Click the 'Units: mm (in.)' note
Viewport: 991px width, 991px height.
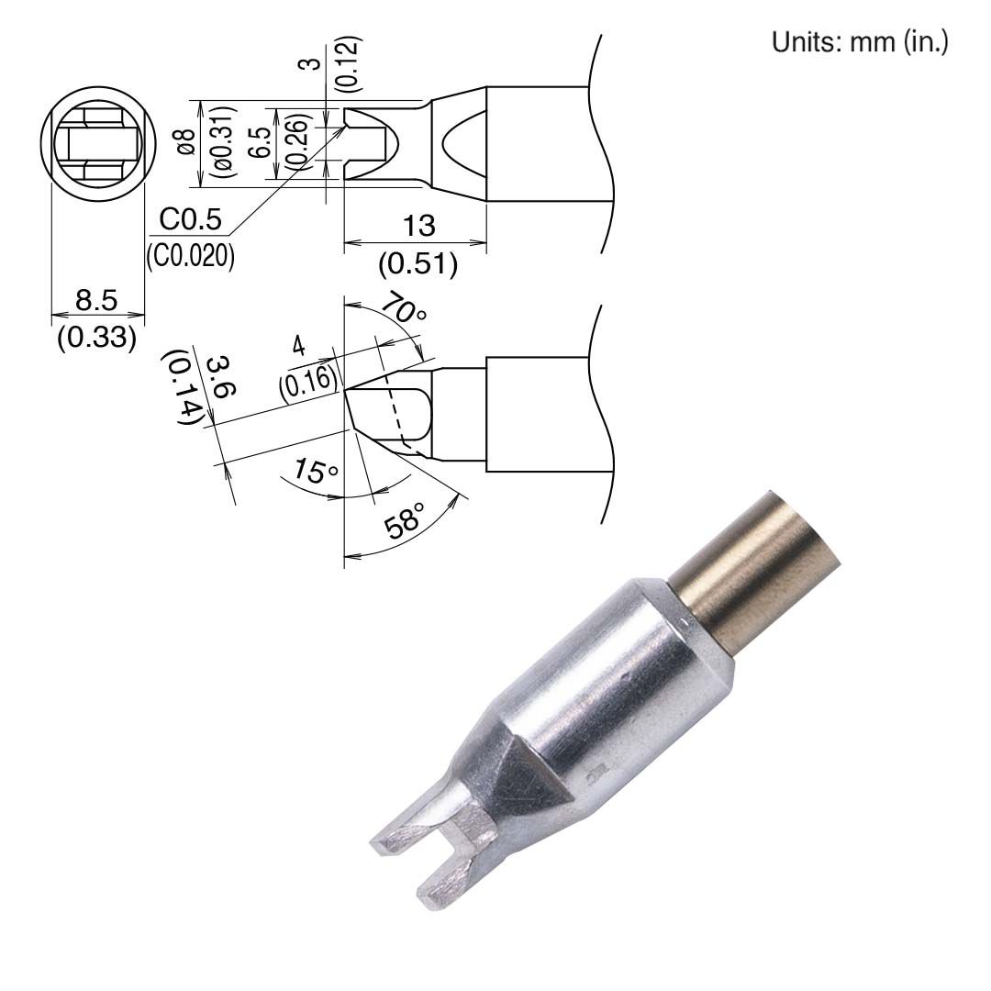pos(860,42)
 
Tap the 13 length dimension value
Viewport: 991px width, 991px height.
pos(418,226)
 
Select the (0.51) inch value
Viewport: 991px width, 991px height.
pos(418,265)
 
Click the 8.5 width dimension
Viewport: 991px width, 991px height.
pos(96,299)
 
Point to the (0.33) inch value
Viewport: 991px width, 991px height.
pos(96,338)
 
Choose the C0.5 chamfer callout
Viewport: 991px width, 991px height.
pos(190,219)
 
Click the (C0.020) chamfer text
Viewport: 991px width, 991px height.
pos(190,257)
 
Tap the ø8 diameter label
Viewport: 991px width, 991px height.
pos(185,142)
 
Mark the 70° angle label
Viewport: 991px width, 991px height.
pos(403,307)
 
